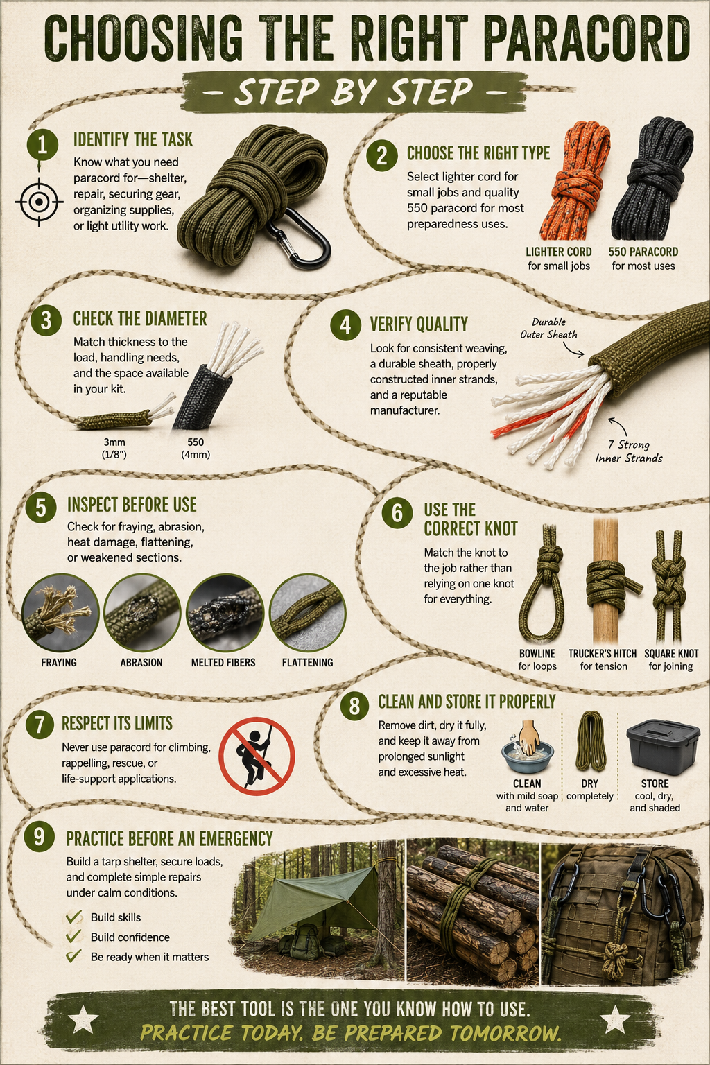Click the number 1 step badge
click(42, 144)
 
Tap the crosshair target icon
click(39, 202)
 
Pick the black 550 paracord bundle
click(652, 178)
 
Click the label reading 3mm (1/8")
click(114, 449)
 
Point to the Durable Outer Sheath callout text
click(548, 328)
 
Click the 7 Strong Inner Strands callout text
click(629, 451)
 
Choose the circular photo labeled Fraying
click(60, 612)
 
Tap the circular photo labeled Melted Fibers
click(225, 612)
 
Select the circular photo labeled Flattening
click(308, 612)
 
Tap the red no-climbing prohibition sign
click(257, 756)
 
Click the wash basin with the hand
click(527, 747)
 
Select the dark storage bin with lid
click(663, 747)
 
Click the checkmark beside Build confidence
click(73, 935)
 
